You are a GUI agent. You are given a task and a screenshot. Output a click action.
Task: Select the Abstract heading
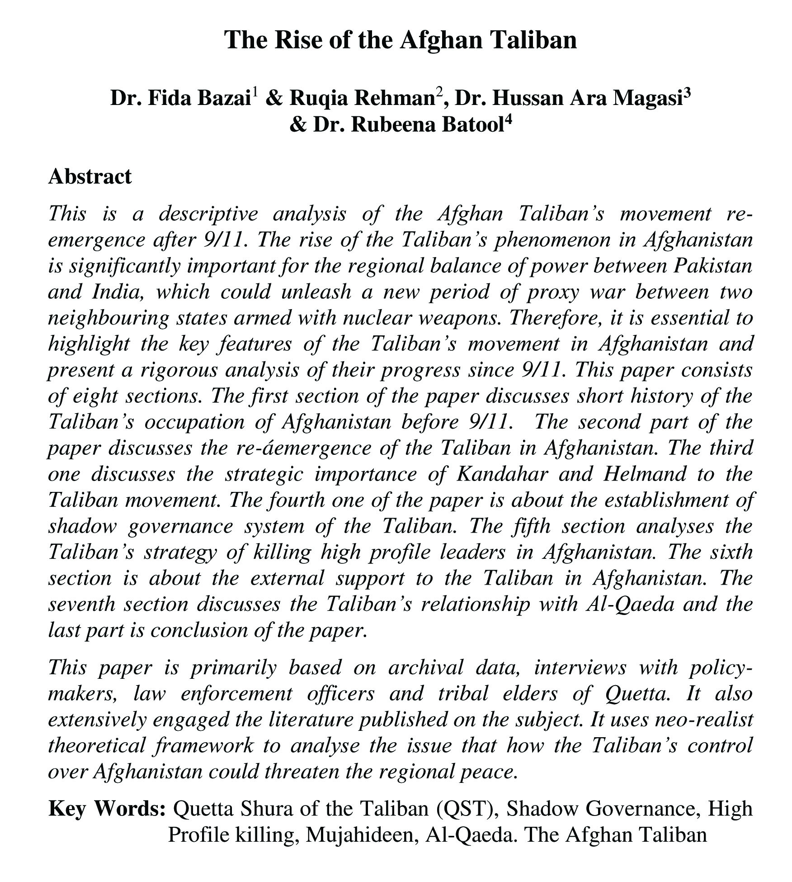(x=90, y=176)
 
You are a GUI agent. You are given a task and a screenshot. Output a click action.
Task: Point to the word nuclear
(x=377, y=318)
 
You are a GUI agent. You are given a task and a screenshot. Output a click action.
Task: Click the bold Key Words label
(x=107, y=809)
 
